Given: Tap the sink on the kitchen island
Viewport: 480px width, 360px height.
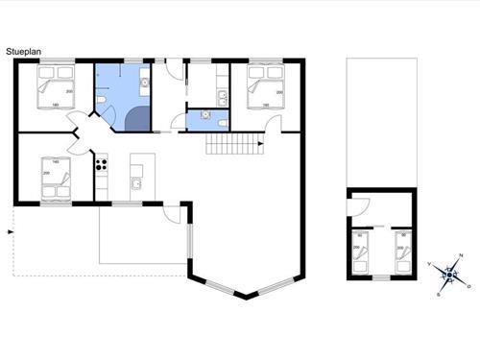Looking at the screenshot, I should [x=136, y=182].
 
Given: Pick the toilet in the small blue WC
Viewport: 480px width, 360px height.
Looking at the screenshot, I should [x=221, y=122].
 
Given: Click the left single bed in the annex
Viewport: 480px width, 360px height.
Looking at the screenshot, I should [x=361, y=252].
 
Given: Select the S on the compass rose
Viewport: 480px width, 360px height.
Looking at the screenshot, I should [x=438, y=295].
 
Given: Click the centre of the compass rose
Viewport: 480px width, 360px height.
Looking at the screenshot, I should [x=448, y=275].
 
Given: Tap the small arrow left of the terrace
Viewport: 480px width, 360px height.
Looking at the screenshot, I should [x=11, y=231].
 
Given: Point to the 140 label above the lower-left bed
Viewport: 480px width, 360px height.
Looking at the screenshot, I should [x=56, y=162].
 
